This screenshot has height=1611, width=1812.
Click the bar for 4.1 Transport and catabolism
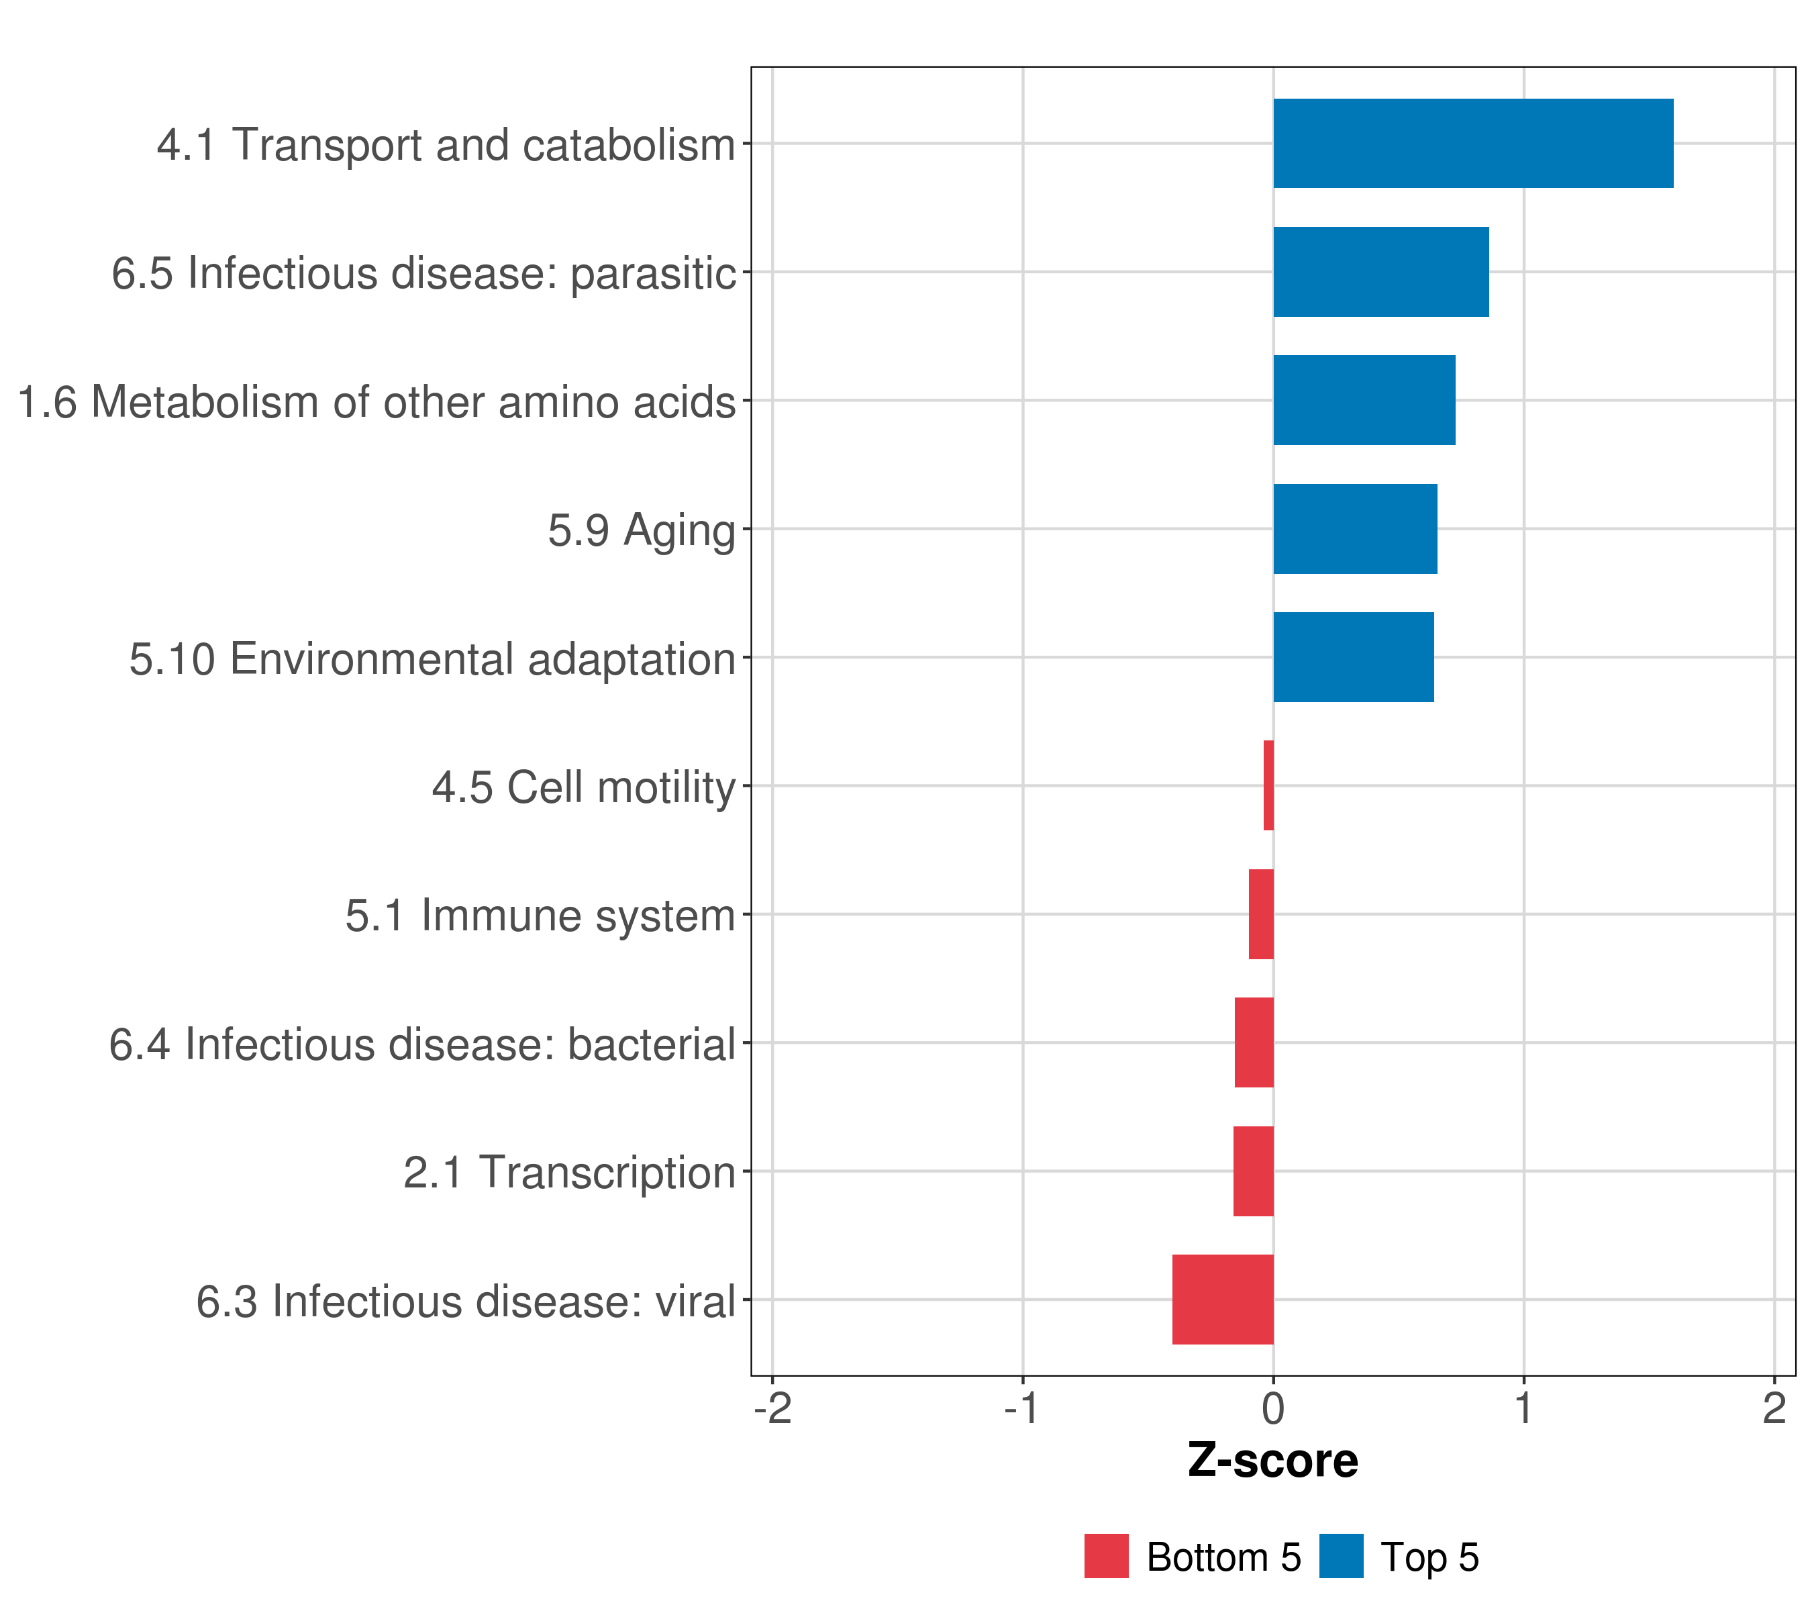[1472, 144]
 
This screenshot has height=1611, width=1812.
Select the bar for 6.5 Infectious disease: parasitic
[1380, 273]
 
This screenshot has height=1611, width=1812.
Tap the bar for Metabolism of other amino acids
[1364, 401]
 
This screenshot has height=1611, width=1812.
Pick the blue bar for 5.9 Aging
[1354, 530]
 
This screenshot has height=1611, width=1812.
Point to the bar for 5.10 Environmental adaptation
[1353, 658]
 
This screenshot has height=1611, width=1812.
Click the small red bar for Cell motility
[1268, 785]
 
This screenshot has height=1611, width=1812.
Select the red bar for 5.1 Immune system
[1262, 914]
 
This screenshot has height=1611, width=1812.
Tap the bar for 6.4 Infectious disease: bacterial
[1254, 1042]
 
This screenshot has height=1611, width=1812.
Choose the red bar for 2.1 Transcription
[1254, 1171]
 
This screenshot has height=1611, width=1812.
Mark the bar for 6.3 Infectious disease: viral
[1223, 1300]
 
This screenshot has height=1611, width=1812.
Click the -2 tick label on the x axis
[772, 1410]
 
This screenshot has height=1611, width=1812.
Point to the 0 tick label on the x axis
[1273, 1410]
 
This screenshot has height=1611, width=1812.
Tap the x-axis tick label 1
[1523, 1410]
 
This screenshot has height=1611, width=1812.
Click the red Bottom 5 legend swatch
[1107, 1556]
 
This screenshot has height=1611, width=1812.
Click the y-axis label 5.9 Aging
[641, 531]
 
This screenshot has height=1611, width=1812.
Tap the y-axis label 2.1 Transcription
[569, 1173]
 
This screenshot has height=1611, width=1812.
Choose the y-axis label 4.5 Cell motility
[583, 787]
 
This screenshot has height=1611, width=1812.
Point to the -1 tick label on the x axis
[1021, 1410]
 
